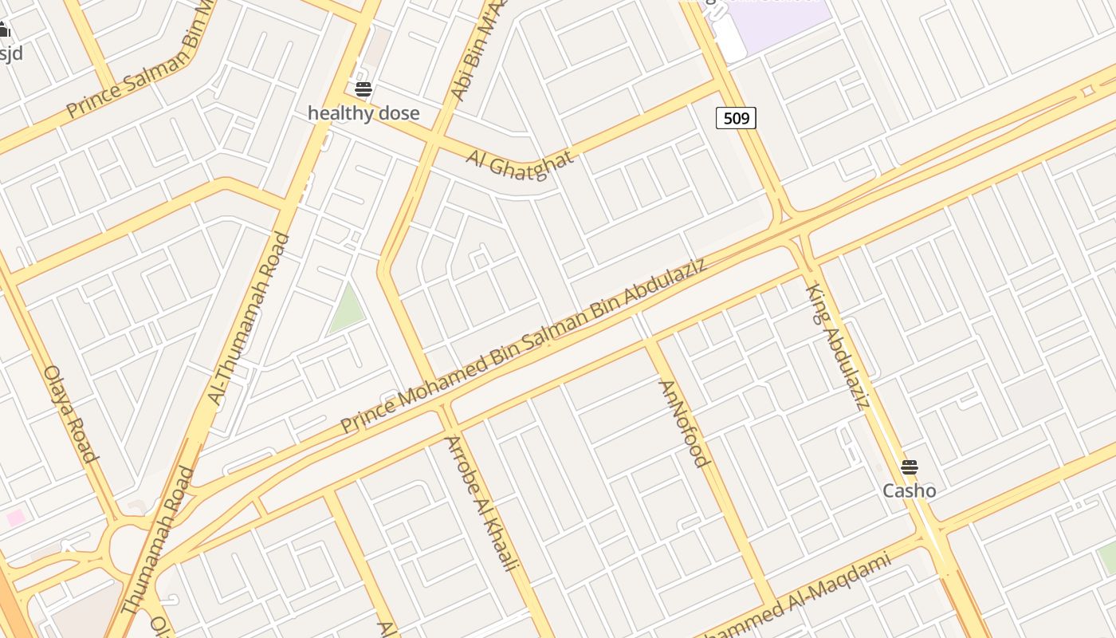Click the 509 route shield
[x=736, y=119]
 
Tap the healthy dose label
[x=363, y=113]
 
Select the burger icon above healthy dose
[x=363, y=89]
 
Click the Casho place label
[x=909, y=490]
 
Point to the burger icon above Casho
[x=909, y=467]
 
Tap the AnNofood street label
[x=683, y=423]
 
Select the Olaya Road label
[x=71, y=413]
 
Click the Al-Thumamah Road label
[x=248, y=318]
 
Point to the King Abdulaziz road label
[x=837, y=346]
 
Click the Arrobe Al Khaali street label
[x=481, y=503]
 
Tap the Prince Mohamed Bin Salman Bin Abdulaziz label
[x=523, y=345]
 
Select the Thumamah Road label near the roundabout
[x=159, y=540]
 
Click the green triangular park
[x=346, y=309]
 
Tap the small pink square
[x=16, y=518]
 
